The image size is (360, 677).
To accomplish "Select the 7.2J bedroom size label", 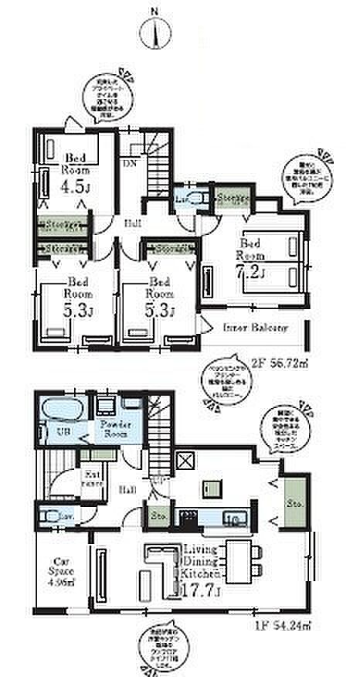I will (253, 272).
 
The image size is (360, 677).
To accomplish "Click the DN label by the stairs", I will (128, 164).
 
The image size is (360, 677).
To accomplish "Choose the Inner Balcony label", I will (256, 328).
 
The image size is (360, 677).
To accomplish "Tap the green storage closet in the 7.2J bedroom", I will (230, 199).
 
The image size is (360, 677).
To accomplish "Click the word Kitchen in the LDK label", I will (202, 575).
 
